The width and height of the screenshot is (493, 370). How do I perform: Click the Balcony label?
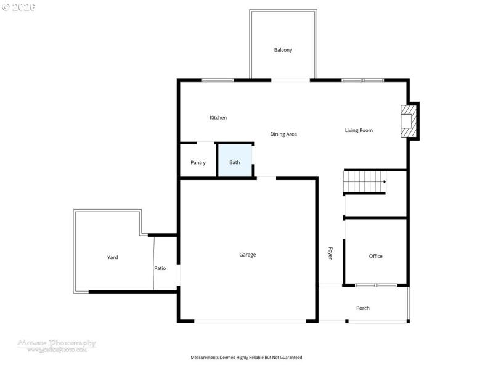tap(283, 50)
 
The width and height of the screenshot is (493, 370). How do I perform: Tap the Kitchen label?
tap(218, 118)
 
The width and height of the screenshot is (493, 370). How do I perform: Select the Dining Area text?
tap(283, 134)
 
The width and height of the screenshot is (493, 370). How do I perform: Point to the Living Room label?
tap(359, 130)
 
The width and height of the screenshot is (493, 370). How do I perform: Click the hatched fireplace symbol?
tap(407, 121)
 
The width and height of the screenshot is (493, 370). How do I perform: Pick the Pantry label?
tap(198, 163)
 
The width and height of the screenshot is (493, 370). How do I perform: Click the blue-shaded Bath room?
tap(235, 162)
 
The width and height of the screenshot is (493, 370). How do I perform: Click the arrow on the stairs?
tap(383, 182)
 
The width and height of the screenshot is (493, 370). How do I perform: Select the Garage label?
tap(248, 255)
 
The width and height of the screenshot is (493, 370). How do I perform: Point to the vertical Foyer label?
tap(330, 253)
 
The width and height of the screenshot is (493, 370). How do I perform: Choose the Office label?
tap(376, 256)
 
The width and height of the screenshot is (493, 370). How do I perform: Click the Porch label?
tap(363, 308)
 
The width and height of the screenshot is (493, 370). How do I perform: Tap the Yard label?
tap(112, 257)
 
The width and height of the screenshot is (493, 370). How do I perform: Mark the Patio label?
tap(160, 268)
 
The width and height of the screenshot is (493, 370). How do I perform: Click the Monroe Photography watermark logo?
tap(56, 345)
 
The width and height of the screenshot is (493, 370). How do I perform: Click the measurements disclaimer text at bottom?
tap(246, 357)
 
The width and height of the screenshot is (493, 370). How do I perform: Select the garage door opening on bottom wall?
tap(249, 321)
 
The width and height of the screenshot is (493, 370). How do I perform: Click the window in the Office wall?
tap(376, 285)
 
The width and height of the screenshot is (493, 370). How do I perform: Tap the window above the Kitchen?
tap(218, 80)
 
